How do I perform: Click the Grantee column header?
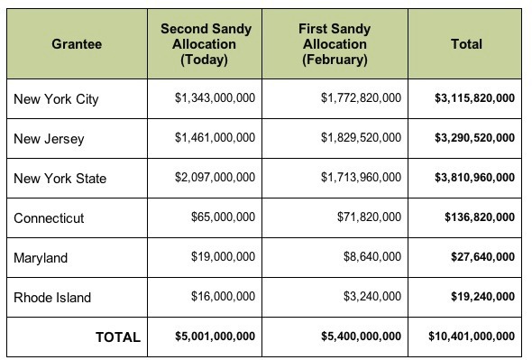[77, 43]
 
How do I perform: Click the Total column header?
[466, 43]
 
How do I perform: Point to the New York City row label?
[56, 99]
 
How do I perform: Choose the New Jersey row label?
[48, 139]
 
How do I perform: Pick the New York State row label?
[60, 179]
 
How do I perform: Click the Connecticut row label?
[48, 218]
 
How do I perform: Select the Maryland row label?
[41, 258]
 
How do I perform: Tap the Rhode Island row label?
[52, 298]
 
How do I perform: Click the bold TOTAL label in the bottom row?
[118, 337]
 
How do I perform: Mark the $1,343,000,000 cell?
[215, 99]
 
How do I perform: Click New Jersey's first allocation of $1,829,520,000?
[361, 139]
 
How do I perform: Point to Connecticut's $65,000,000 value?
[223, 218]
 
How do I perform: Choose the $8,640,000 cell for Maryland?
[372, 258]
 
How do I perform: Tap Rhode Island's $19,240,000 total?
[482, 298]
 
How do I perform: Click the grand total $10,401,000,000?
[472, 337]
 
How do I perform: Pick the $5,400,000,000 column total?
[361, 337]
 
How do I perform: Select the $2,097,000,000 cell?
[215, 179]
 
